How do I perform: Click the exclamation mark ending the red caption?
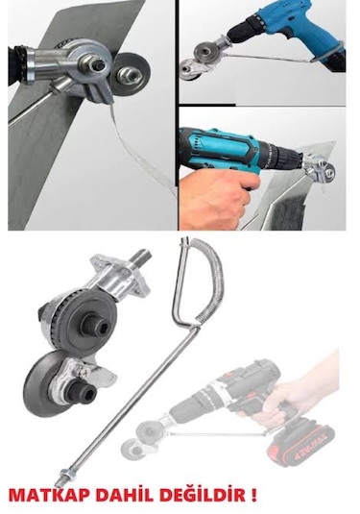(253, 496)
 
